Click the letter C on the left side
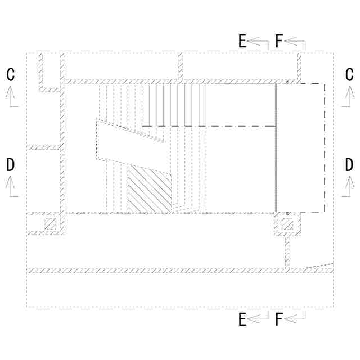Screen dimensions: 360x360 tap(11, 74)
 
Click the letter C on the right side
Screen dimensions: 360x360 tap(349, 74)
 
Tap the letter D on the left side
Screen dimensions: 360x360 tap(11, 164)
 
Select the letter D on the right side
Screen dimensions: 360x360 tap(349, 164)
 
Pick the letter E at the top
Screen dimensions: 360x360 tap(242, 41)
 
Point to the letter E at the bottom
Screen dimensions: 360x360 tap(242, 319)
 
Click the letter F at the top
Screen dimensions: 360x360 tap(279, 41)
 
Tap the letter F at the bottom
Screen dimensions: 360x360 tap(279, 319)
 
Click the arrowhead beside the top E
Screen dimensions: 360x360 tap(254, 41)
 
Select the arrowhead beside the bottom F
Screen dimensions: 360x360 tap(291, 319)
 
